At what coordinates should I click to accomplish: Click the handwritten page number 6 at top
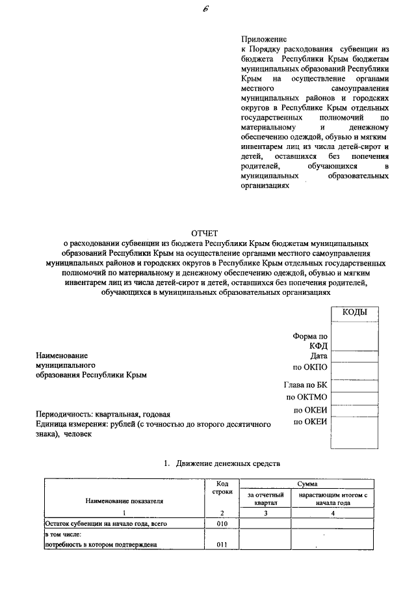(206, 8)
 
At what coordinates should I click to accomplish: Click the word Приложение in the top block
(264, 40)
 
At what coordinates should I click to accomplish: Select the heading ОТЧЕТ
(205, 233)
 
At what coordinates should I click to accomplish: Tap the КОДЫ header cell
(355, 313)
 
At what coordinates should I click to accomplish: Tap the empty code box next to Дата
(355, 355)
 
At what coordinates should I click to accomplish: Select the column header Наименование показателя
(123, 501)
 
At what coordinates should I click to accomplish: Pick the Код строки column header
(222, 487)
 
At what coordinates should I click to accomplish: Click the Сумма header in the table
(307, 484)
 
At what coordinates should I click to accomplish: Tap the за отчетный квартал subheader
(265, 499)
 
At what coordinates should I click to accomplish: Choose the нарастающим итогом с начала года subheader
(333, 499)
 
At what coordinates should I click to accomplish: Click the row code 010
(222, 523)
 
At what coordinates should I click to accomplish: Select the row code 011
(222, 545)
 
